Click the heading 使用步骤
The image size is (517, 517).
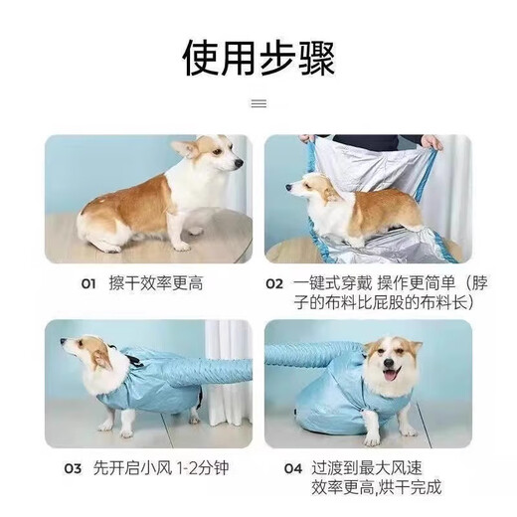(x=258, y=59)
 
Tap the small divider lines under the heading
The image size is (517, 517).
(x=258, y=101)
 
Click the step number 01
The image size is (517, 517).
(x=88, y=283)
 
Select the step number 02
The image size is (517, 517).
(x=274, y=283)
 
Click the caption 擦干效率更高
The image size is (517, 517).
(x=156, y=283)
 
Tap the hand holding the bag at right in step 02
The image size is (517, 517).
(x=431, y=142)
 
